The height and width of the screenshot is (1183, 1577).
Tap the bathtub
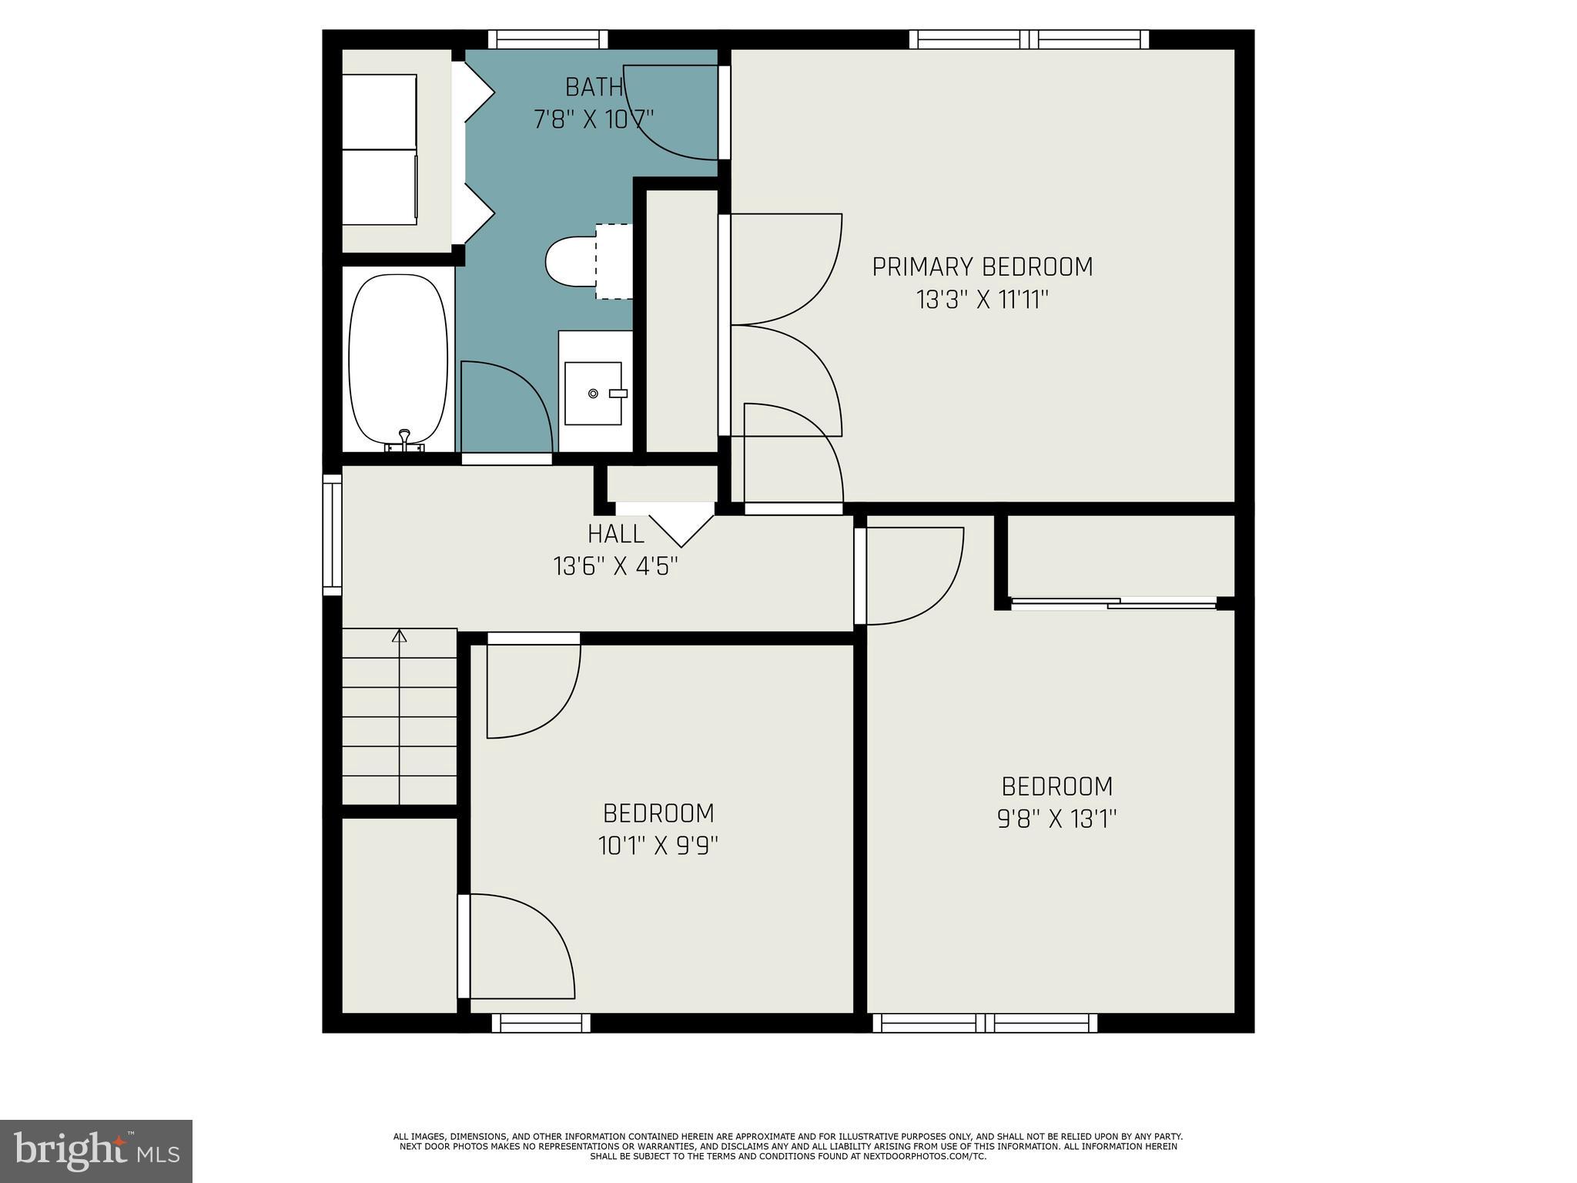coord(398,357)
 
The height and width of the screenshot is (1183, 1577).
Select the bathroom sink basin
coord(593,393)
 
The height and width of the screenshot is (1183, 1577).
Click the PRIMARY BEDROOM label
coord(982,267)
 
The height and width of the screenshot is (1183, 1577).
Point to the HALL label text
coord(615,534)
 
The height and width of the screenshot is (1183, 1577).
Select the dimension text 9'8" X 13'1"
coord(1056,819)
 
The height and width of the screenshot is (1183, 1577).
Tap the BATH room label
coord(594,87)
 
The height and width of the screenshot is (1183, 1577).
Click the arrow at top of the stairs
coord(399,636)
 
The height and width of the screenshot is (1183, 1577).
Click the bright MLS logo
coord(96,1151)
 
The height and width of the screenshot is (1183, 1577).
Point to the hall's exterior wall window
coord(332,535)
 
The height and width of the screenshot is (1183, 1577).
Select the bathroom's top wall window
coord(547,39)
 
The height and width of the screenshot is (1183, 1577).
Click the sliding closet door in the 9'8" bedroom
coord(1113,603)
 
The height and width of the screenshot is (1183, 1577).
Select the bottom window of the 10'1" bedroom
coord(541,1023)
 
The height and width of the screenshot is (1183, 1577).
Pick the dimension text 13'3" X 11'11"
coord(983,300)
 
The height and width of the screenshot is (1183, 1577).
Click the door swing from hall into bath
coord(506,408)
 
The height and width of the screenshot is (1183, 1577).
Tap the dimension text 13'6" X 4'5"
coord(615,566)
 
